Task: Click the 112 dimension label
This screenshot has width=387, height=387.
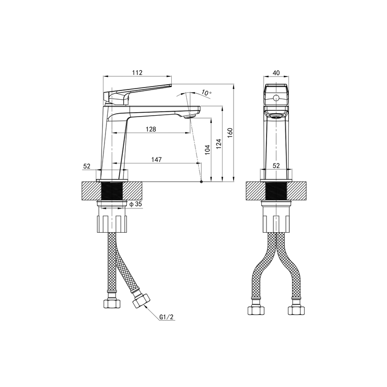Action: [137, 73]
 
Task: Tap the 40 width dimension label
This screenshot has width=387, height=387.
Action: [276, 73]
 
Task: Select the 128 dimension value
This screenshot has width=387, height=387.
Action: [151, 129]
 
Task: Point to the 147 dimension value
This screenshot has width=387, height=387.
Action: [156, 160]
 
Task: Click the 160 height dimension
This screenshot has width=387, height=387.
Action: [230, 133]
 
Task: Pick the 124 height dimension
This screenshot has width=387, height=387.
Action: [219, 144]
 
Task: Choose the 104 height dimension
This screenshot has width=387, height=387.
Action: [208, 150]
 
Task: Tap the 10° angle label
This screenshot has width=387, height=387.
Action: [207, 93]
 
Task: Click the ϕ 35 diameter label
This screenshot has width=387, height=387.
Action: [136, 204]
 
